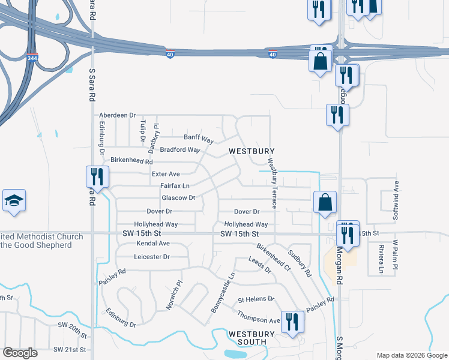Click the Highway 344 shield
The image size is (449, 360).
click(32, 58)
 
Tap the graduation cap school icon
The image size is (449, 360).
click(14, 201)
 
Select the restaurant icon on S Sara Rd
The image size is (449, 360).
click(96, 177)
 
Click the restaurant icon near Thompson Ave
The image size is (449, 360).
click(292, 323)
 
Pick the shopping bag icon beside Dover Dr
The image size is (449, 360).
click(325, 203)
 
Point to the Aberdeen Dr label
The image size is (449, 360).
click(118, 115)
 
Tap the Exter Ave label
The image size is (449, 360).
click(166, 174)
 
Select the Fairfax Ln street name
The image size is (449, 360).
click(175, 186)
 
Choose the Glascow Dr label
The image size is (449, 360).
click(178, 198)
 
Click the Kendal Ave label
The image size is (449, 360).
click(153, 244)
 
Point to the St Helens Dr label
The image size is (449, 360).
click(256, 299)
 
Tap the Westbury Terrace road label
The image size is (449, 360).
click(272, 183)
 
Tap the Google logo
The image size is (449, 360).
click(20, 353)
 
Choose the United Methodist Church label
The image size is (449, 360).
click(41, 241)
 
